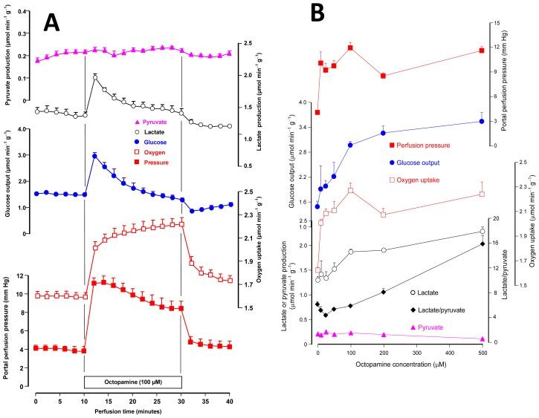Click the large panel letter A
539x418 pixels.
click(x=51, y=24)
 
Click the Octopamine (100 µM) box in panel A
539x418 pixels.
click(x=132, y=381)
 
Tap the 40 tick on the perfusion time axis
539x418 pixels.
click(x=230, y=402)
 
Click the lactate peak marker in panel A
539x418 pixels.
click(x=95, y=77)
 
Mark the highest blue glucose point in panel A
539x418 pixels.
click(x=95, y=156)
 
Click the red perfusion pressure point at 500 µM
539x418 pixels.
click(x=482, y=50)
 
